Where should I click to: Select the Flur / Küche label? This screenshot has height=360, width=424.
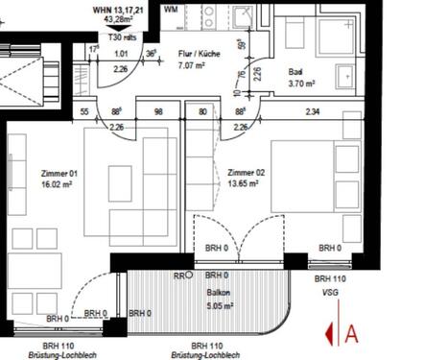[200, 55]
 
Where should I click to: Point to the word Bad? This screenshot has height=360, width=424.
[296, 73]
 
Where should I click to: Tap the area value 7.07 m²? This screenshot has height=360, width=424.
[200, 66]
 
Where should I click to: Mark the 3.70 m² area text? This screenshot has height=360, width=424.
[301, 84]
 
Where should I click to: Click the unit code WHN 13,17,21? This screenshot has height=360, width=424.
[119, 8]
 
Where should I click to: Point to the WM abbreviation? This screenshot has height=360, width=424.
[171, 9]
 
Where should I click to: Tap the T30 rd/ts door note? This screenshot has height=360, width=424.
[121, 36]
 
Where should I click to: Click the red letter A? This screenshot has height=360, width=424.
[352, 333]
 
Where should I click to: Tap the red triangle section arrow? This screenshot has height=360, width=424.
[331, 333]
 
